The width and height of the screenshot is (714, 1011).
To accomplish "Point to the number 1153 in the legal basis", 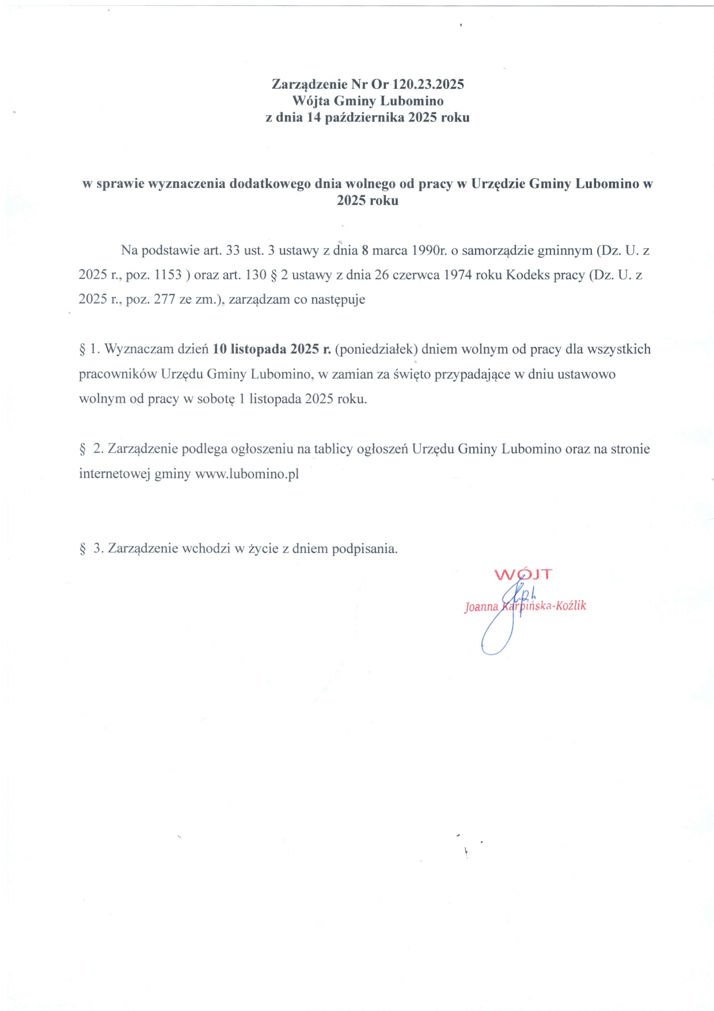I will (x=168, y=275).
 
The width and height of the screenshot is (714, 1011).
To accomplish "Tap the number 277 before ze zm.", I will (x=165, y=300).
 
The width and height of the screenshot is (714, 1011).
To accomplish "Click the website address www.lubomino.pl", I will (x=247, y=474).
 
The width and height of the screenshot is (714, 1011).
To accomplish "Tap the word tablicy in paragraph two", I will (x=334, y=449).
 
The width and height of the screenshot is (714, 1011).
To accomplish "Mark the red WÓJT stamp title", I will (x=523, y=574).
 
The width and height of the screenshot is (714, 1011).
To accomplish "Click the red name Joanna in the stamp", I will (x=481, y=607).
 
